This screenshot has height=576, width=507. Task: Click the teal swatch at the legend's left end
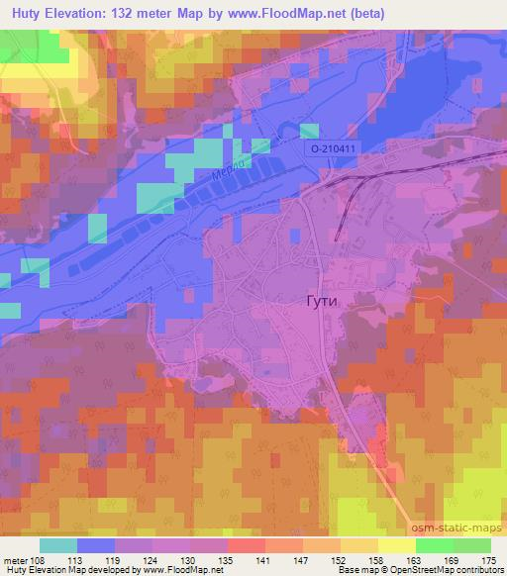point(58,545)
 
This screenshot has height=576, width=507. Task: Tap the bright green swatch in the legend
point(435,545)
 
